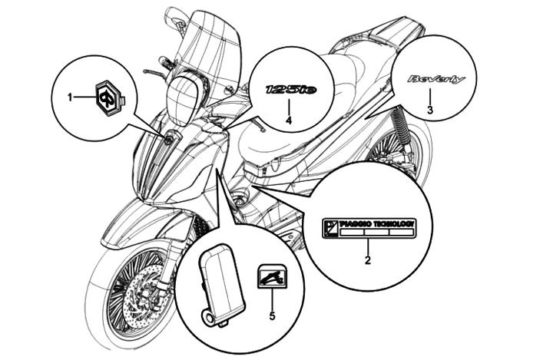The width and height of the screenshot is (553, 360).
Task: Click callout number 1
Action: point(69,97)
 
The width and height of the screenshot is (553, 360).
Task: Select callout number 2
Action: point(367,261)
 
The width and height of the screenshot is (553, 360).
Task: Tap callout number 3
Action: point(430,111)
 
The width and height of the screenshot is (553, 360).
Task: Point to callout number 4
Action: point(288,121)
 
